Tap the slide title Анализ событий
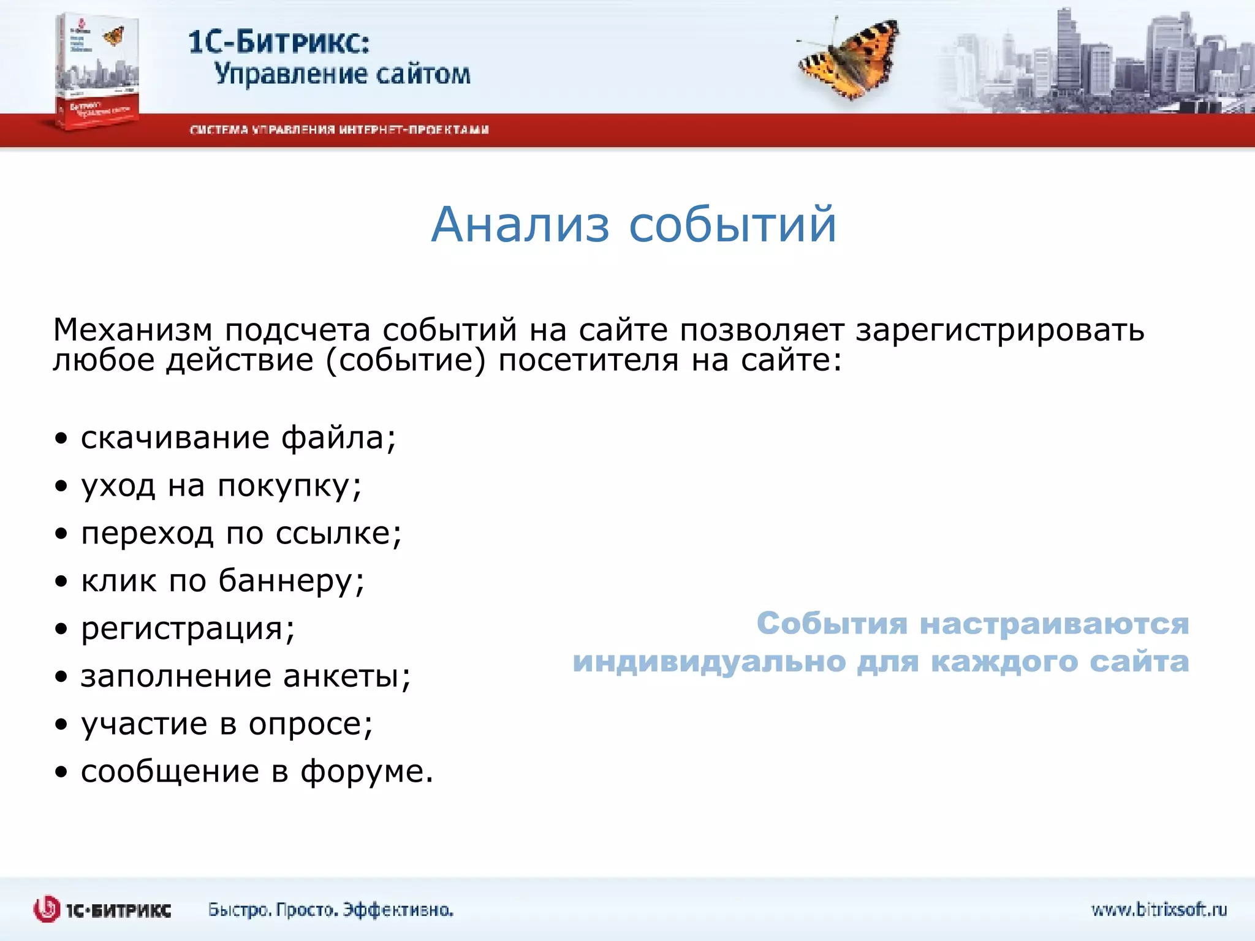tap(633, 225)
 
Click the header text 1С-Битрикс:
tap(279, 42)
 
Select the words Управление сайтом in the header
tap(342, 75)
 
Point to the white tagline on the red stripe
tap(339, 130)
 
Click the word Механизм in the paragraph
tap(132, 330)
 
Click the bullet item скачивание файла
tap(238, 438)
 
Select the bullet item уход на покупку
tap(221, 486)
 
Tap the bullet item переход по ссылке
tap(241, 533)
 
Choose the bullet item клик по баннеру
tap(222, 580)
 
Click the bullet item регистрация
tap(188, 629)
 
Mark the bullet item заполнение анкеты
tap(245, 676)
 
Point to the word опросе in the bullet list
tap(309, 724)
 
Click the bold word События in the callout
tap(832, 624)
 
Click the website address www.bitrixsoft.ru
tap(1159, 910)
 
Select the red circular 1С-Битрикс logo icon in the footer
tap(47, 910)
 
